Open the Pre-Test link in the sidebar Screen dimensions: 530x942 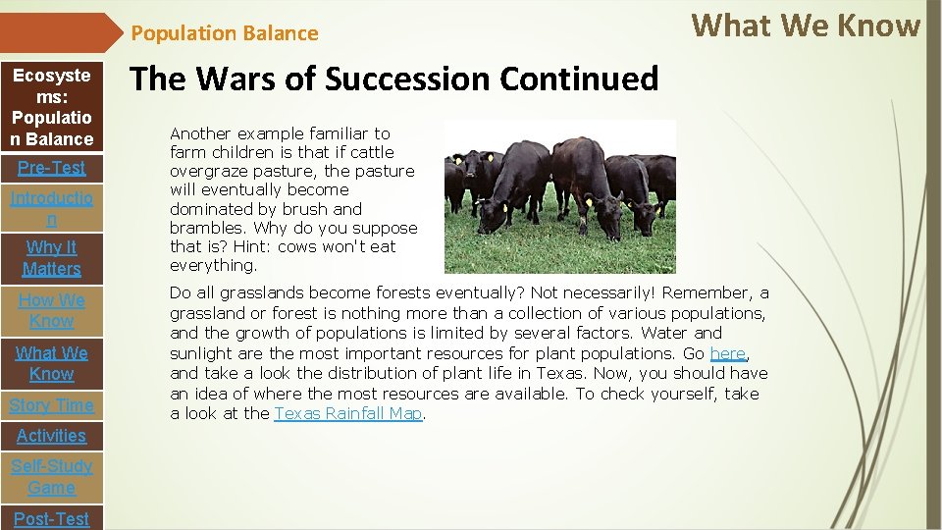coord(52,168)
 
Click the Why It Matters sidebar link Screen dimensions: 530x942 coord(52,258)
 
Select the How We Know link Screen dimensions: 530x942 coord(52,311)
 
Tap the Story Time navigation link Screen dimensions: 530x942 coord(52,405)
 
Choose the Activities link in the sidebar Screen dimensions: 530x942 coord(52,436)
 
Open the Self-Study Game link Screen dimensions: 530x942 coord(52,477)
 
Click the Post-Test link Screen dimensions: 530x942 coord(52,518)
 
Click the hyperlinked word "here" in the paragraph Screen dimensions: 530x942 coord(727,353)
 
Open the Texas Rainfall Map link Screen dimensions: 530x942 coord(347,414)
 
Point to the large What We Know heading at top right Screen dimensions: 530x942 coord(806,26)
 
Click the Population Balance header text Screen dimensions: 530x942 coord(225,33)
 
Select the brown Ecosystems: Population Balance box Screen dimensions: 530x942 coord(52,107)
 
